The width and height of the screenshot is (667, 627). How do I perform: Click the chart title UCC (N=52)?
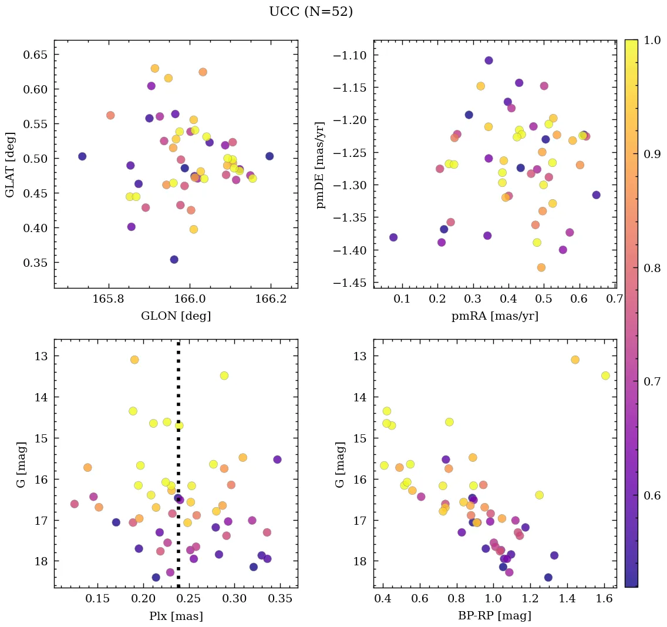coord(311,12)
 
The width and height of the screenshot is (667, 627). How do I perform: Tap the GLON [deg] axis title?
coord(176,316)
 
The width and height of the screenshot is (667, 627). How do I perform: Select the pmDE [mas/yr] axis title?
coord(321,164)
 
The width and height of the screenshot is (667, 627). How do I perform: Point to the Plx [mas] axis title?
coord(176,616)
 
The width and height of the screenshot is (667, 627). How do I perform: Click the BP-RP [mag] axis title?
coord(494,616)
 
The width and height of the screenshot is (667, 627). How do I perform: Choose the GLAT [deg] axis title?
coord(10,164)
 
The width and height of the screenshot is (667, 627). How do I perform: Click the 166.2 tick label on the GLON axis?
coord(270,299)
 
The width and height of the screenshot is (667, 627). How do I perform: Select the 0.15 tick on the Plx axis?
coord(97,599)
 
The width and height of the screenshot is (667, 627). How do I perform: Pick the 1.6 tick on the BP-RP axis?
coord(604,599)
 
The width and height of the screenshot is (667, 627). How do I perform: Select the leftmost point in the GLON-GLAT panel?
coord(82,156)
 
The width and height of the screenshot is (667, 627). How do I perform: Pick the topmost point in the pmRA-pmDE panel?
coord(489,61)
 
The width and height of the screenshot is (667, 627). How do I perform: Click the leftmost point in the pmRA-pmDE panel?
coord(393,237)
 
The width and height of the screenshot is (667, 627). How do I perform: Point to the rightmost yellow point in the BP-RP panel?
coord(605,375)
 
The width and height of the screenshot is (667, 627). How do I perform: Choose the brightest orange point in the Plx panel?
coord(134,360)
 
